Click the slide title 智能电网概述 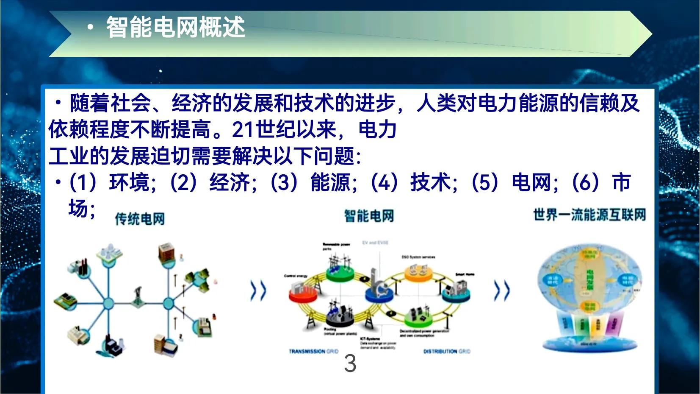click(x=175, y=28)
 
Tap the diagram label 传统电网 click(x=140, y=219)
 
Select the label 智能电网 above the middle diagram click(x=369, y=216)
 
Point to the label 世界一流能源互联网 click(x=589, y=215)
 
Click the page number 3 click(x=350, y=363)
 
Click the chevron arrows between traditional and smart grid click(x=258, y=291)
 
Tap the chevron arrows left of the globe click(x=502, y=291)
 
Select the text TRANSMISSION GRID click(x=313, y=351)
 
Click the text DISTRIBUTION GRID click(x=446, y=351)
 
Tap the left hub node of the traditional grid click(x=108, y=303)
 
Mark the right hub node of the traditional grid click(x=168, y=303)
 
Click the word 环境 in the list click(x=129, y=183)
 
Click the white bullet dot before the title click(x=90, y=28)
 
